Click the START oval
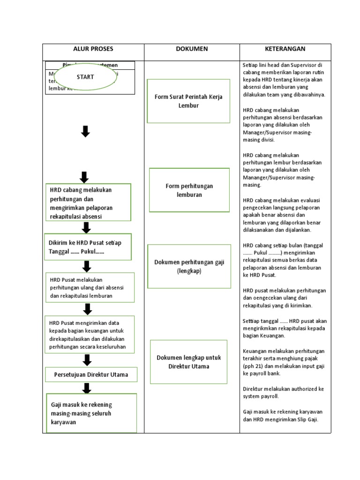click(x=85, y=77)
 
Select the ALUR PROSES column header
click(x=93, y=49)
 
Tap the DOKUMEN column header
click(x=192, y=49)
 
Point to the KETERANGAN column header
click(x=285, y=49)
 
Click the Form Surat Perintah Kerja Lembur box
click(x=188, y=101)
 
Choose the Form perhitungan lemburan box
click(x=189, y=190)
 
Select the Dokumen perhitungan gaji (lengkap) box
click(x=189, y=266)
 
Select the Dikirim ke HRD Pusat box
click(x=88, y=247)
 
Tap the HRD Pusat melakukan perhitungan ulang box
click(x=90, y=287)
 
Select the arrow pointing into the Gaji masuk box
click(x=87, y=388)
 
